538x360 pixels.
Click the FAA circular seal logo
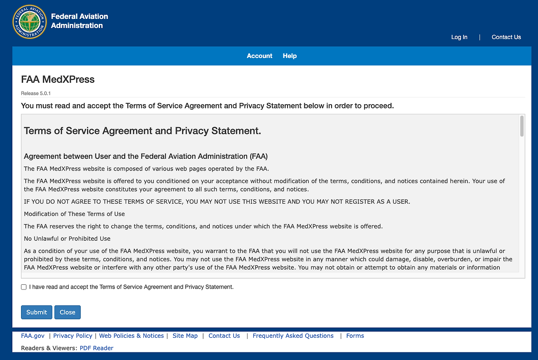coord(29,22)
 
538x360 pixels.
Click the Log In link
coord(459,37)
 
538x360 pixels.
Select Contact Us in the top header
coord(506,37)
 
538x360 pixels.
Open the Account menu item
coord(259,56)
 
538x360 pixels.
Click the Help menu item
coord(290,56)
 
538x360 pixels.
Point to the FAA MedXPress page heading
coord(58,79)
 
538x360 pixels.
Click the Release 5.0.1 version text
coord(36,93)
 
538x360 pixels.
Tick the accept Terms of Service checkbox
coord(24,287)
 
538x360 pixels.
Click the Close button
coord(67,312)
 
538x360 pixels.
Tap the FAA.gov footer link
coord(33,336)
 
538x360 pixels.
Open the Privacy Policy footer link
coord(73,336)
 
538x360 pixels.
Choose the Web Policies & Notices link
coord(132,336)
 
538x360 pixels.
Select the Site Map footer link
coord(185,336)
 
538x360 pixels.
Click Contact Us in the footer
coord(224,336)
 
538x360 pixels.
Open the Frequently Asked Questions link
coord(293,336)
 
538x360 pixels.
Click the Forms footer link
coord(355,336)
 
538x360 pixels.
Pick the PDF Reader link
coord(96,348)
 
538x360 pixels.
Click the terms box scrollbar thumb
coord(522,126)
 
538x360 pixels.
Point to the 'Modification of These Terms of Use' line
coord(74,214)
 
